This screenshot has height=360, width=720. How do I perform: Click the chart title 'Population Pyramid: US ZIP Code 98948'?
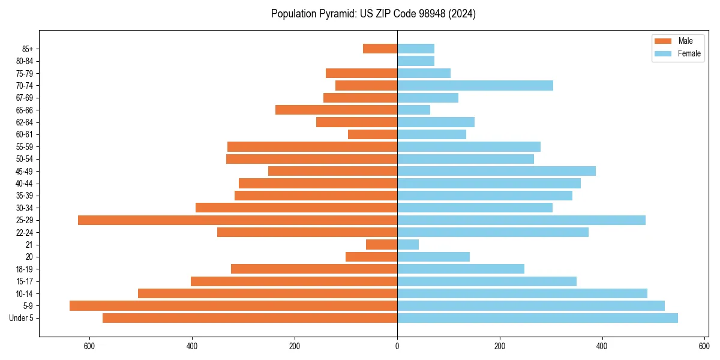373,14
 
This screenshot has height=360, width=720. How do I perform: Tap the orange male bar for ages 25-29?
238,220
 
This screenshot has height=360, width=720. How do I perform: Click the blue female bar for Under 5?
537,318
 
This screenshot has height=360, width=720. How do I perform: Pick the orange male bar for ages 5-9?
233,305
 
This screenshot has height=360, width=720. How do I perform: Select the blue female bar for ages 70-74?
475,86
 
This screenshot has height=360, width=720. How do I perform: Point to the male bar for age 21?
382,245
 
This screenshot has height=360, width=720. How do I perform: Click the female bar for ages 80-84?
416,61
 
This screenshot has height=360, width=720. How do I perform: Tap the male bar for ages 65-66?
336,110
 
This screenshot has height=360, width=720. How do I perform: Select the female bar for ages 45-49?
496,171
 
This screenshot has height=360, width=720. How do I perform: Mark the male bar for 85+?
380,49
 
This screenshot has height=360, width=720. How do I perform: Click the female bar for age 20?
433,257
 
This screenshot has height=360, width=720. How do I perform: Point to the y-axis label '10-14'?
25,293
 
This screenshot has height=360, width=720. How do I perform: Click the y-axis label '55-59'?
25,147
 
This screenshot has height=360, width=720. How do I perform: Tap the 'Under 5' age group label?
22,318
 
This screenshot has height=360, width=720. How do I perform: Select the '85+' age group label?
26,49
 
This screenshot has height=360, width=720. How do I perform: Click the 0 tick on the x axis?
397,346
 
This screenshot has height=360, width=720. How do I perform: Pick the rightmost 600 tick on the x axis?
704,346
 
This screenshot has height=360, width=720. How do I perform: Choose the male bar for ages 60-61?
373,134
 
